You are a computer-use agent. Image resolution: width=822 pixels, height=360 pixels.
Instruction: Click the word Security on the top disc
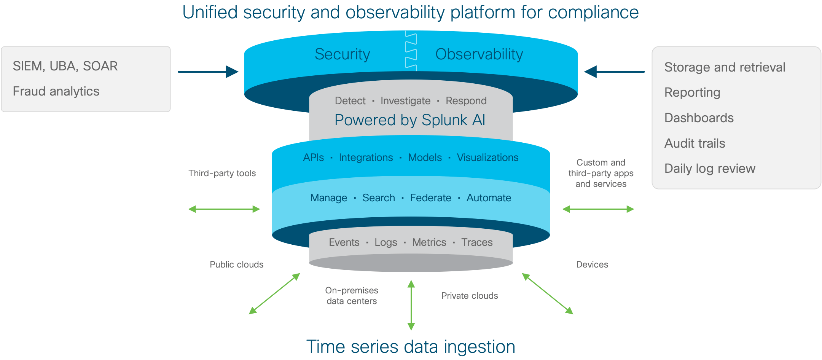[342, 54]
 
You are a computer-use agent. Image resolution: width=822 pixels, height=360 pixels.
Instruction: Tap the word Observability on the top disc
[479, 54]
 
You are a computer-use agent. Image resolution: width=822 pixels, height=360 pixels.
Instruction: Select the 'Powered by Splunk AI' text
[410, 120]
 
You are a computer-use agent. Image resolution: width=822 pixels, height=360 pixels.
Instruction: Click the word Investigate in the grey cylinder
[405, 101]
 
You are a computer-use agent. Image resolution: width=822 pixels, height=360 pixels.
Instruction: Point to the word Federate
[430, 198]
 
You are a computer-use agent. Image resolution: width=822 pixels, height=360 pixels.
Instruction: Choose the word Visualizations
[487, 158]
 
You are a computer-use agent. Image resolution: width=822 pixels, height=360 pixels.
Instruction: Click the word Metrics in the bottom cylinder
[429, 242]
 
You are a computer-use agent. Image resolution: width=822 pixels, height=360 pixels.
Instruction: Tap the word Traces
[477, 242]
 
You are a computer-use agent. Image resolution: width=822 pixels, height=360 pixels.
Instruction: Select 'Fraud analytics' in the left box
[56, 91]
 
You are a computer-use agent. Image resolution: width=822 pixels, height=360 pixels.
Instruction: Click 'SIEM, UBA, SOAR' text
[65, 66]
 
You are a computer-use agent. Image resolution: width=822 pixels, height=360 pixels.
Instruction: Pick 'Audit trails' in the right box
[695, 143]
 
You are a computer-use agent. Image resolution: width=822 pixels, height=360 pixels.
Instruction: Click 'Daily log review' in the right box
[710, 169]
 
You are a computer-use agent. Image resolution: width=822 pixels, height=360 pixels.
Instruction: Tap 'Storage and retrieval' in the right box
[725, 67]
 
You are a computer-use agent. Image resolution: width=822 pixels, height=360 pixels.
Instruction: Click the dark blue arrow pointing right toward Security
[208, 72]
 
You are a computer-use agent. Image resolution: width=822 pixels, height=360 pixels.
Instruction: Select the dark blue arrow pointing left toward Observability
[614, 72]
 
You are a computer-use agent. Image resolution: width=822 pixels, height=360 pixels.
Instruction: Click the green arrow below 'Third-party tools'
[224, 209]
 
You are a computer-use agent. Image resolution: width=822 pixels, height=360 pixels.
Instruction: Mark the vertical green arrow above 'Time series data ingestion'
[411, 305]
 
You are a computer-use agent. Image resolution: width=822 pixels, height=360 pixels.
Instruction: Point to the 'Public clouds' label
[236, 264]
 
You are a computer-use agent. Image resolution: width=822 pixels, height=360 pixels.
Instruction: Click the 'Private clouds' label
[469, 296]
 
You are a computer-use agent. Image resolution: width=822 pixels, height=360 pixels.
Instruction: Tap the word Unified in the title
[210, 12]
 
